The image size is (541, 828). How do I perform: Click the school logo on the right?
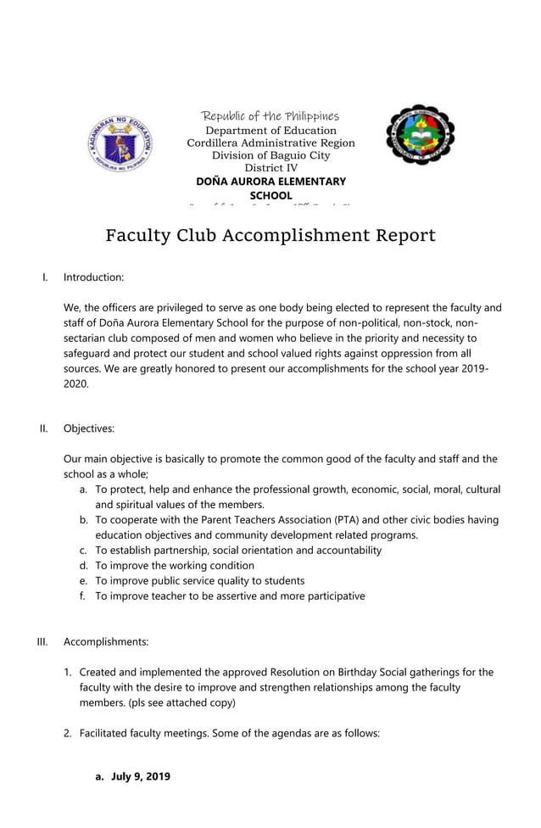420,135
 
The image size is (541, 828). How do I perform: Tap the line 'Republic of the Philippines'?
270,115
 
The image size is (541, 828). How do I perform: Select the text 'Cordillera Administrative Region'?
270,143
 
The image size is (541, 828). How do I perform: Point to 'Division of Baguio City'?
270,156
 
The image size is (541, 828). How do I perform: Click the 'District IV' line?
270,169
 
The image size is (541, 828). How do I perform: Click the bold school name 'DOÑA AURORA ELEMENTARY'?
270,182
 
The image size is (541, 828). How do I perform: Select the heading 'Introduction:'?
93,277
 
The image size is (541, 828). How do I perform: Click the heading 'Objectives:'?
89,428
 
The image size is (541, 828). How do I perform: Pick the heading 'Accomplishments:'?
106,641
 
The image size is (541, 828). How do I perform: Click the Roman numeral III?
42,641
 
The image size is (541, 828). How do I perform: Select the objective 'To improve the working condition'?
174,566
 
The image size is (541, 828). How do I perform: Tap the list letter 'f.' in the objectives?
83,596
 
